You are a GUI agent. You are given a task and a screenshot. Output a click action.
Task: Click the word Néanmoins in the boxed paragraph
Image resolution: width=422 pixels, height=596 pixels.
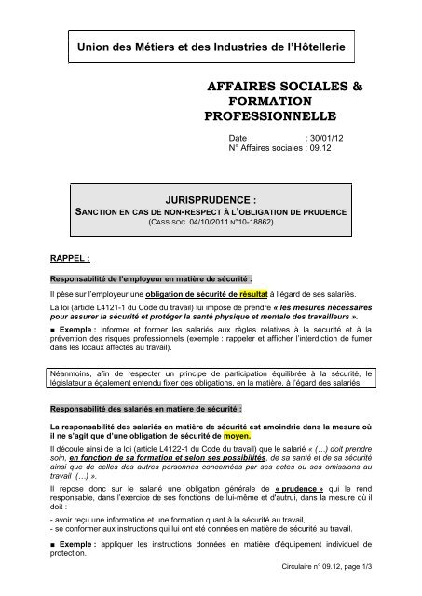point(77,374)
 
